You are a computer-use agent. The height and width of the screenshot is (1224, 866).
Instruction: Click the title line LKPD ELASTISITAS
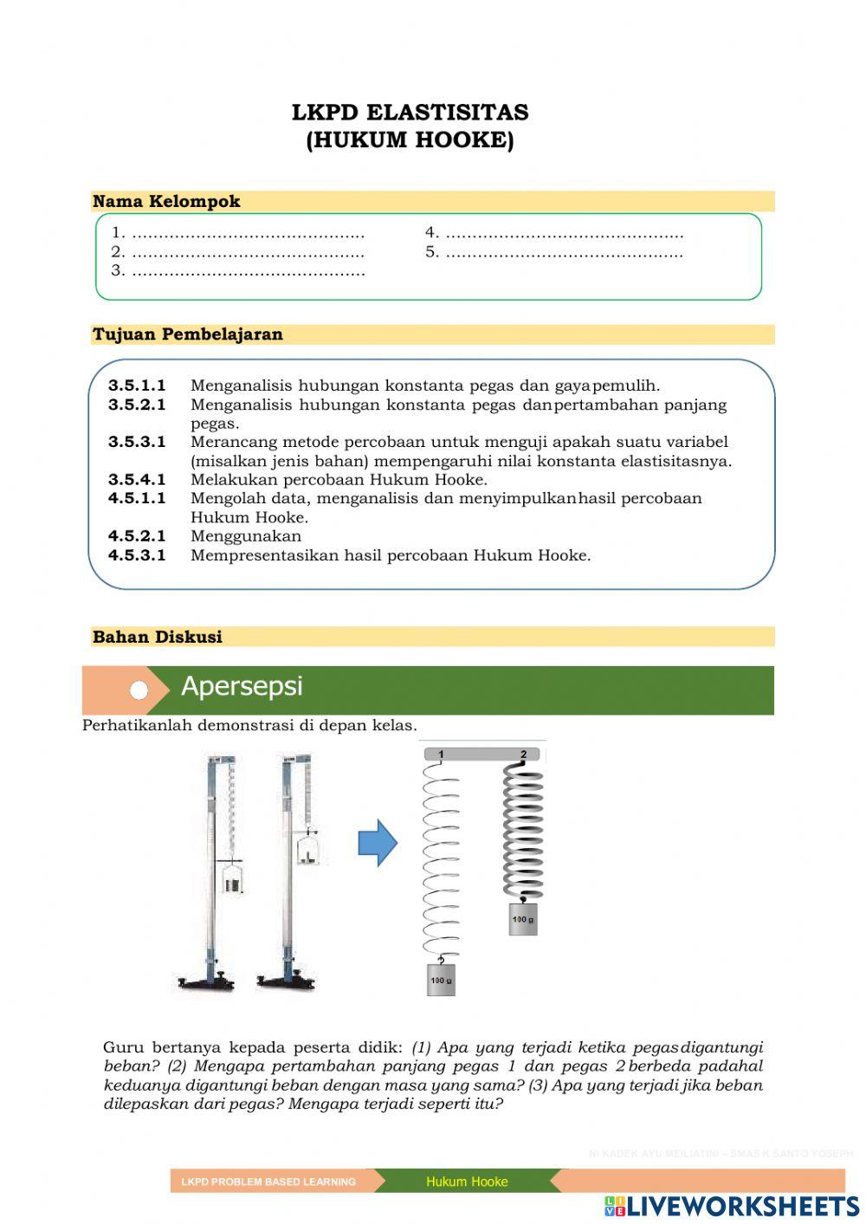[410, 113]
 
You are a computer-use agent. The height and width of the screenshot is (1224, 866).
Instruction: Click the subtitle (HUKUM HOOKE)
[410, 140]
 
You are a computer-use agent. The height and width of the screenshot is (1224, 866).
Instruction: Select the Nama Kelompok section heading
[166, 202]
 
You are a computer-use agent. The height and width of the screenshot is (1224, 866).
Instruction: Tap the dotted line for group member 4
[563, 233]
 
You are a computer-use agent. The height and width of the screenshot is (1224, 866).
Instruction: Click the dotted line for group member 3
[248, 271]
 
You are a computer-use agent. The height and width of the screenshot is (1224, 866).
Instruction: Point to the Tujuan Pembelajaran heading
[188, 334]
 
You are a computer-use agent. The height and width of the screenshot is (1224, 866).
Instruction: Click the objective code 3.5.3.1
[137, 442]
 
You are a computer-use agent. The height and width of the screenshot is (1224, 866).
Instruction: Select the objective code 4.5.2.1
[137, 536]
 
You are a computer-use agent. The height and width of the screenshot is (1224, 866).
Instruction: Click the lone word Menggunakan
[246, 536]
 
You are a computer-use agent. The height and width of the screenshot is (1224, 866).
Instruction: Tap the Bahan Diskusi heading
[158, 638]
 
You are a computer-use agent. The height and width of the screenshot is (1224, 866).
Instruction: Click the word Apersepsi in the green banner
[242, 687]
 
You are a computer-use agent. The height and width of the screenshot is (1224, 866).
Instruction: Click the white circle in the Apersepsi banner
[139, 690]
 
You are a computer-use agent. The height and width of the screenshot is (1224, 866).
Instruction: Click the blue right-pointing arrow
[378, 843]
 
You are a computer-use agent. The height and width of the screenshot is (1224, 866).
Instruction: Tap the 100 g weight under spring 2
[523, 919]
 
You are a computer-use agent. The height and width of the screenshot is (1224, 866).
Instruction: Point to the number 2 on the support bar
[523, 754]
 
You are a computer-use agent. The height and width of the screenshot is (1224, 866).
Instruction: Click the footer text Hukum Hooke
[467, 1182]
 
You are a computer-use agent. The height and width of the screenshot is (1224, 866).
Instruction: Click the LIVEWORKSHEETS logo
[732, 1206]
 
